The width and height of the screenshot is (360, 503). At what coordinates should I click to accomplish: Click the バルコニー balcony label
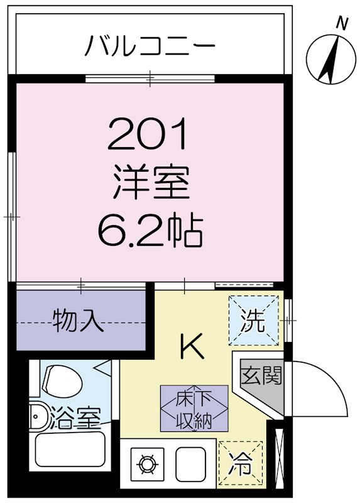151,45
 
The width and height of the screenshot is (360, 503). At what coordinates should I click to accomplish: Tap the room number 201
148,135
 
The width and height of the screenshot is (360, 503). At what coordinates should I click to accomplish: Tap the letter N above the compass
342,24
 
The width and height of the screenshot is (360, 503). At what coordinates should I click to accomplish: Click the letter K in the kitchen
192,345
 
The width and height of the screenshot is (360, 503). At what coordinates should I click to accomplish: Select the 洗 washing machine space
253,320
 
